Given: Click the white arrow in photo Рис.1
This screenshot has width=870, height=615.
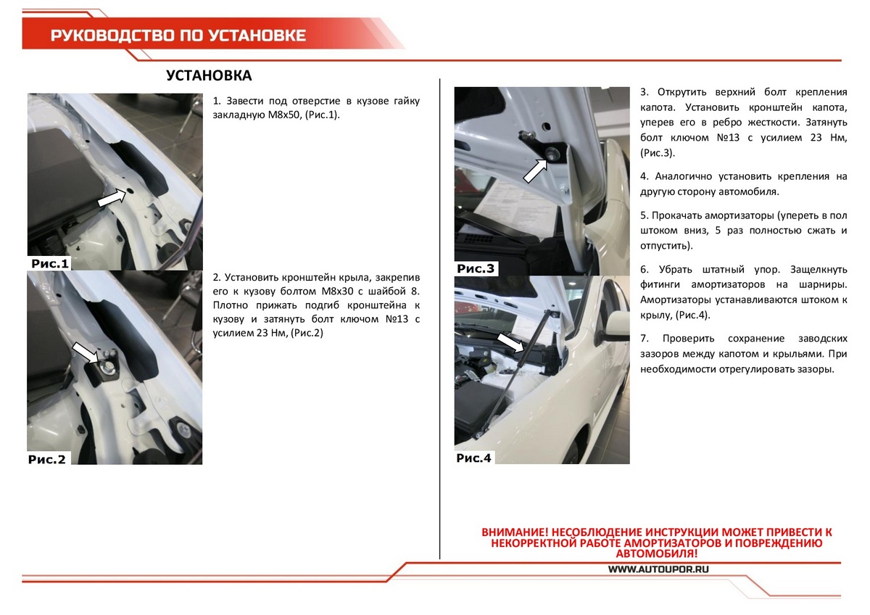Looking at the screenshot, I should [111, 197].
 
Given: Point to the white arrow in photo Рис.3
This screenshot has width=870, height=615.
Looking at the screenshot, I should [536, 170].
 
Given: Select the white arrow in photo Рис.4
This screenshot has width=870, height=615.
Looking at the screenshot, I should [511, 342].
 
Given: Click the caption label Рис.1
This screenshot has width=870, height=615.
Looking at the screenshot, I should [49, 264].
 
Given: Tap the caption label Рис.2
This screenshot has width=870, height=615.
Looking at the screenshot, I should [47, 458].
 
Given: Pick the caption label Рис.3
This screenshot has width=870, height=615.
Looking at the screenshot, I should [476, 269].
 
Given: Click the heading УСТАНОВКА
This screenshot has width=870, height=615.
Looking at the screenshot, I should [209, 77].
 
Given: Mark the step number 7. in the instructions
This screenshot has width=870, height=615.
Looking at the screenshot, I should [645, 339].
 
